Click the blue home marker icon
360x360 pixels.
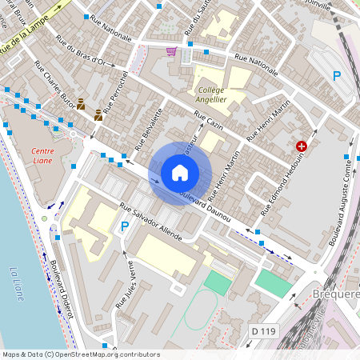[x=180, y=173]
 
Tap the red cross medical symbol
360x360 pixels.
[x=302, y=146]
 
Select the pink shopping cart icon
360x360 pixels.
[x=171, y=51]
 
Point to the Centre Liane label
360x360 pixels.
[x=42, y=156]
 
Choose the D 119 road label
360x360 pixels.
[x=262, y=330]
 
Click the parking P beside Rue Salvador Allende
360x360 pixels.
[x=124, y=227]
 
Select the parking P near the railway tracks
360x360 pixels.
[x=337, y=76]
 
